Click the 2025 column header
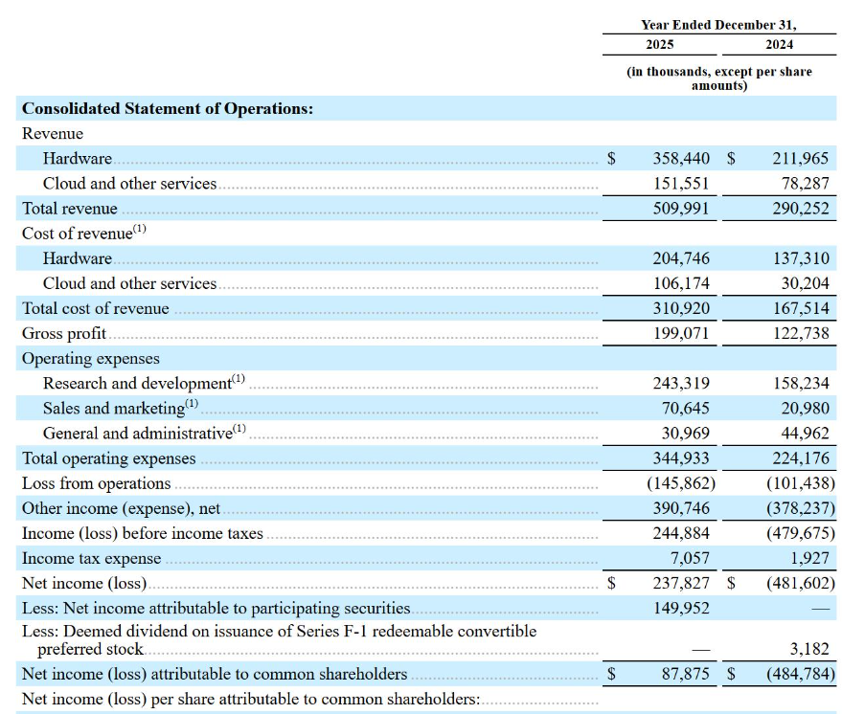[659, 45]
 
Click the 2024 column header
[779, 45]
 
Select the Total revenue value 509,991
[681, 208]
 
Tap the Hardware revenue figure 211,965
[801, 158]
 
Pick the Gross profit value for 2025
[681, 333]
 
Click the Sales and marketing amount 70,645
[685, 409]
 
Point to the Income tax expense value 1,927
[809, 558]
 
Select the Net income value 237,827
[681, 583]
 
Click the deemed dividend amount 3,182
[809, 649]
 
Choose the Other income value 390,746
[681, 508]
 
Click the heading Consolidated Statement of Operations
[168, 108]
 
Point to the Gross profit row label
[64, 334]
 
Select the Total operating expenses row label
[108, 458]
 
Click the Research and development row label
[137, 384]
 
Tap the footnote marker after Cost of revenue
[139, 229]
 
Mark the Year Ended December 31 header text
[718, 25]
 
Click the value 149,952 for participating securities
[681, 609]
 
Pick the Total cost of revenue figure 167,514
[801, 308]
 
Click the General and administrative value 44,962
[805, 433]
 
